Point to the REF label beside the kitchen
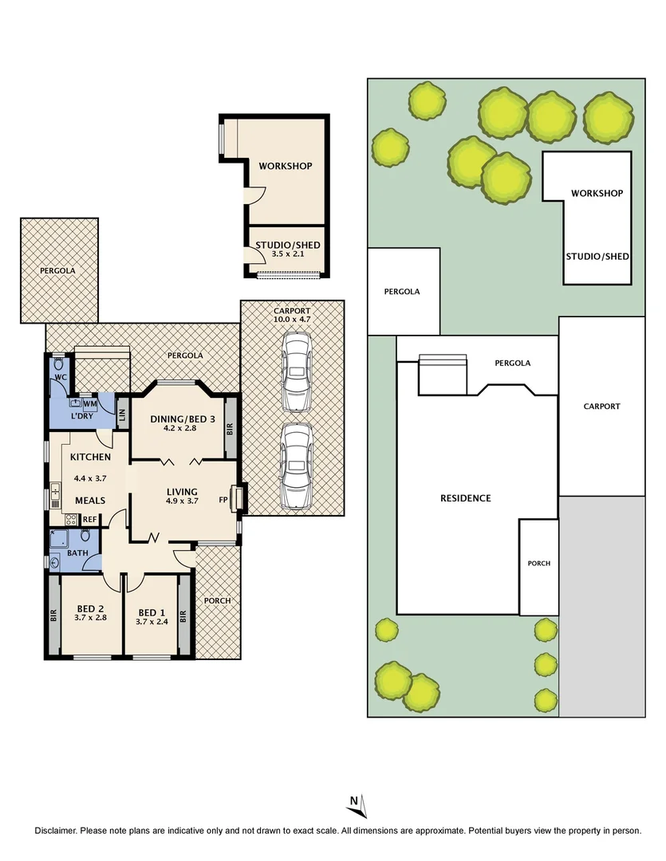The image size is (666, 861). point(89,519)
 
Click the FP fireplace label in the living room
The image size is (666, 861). point(224,501)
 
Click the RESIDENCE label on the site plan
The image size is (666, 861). point(465,498)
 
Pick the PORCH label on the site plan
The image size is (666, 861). point(539,563)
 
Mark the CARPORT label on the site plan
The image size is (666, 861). point(601,407)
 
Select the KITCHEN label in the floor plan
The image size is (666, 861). point(90,458)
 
